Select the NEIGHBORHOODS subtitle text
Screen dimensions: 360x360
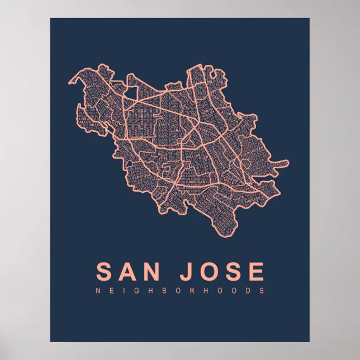(x=180, y=291)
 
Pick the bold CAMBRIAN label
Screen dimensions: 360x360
(x=180, y=180)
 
